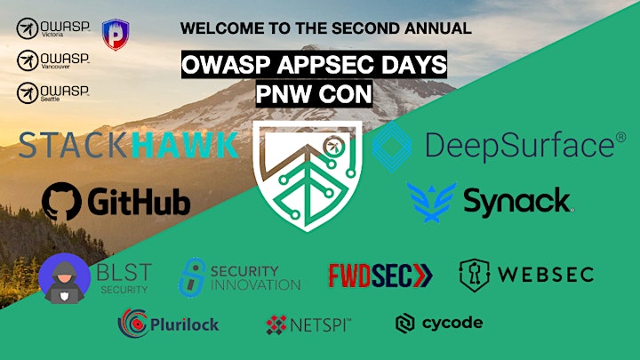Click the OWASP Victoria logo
point(53,28)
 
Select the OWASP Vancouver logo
point(53,60)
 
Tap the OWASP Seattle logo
point(53,92)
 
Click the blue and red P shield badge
point(116,35)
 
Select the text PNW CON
point(314,93)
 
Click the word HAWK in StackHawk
point(186,145)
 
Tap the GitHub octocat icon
point(61,202)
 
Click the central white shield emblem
point(307,175)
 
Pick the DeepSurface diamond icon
point(392,146)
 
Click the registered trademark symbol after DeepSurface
point(620,137)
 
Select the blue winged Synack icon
point(432,203)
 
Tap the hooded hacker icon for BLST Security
point(65,278)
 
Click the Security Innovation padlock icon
point(192,277)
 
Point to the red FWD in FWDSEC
point(350,276)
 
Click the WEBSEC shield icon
point(475,276)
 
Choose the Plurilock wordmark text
point(185,324)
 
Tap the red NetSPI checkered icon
point(276,325)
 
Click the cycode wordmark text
point(452,324)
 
